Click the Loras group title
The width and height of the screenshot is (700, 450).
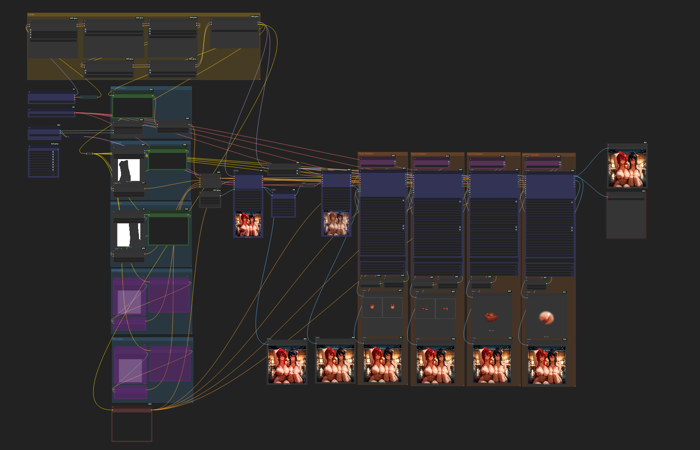click(x=31, y=14)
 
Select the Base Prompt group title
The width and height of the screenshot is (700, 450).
click(x=118, y=88)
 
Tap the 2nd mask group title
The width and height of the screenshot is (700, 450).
click(x=116, y=203)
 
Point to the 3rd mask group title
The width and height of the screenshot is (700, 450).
click(x=117, y=270)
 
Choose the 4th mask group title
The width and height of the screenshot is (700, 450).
click(x=118, y=339)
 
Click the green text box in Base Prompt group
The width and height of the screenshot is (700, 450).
click(x=133, y=107)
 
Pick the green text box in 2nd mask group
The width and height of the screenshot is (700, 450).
click(x=168, y=229)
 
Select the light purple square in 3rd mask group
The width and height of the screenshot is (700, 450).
click(x=129, y=302)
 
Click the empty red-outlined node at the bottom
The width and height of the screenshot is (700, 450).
click(x=132, y=426)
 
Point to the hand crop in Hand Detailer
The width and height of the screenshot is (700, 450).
click(x=491, y=316)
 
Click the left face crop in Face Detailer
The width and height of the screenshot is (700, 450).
click(x=372, y=307)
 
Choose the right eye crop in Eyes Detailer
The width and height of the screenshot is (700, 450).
click(x=445, y=309)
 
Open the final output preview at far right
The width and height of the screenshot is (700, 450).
click(x=627, y=168)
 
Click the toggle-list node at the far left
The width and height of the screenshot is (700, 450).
click(x=43, y=162)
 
